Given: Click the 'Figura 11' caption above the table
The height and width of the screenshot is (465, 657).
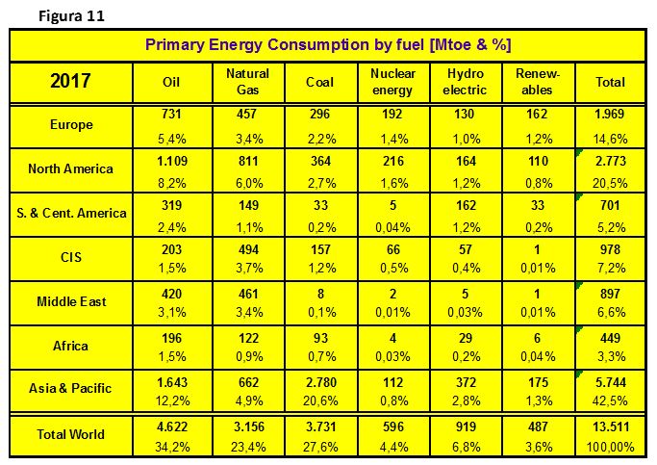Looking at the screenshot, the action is coord(71,16).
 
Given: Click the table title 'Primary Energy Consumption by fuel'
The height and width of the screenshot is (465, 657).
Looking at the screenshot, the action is coord(286,44).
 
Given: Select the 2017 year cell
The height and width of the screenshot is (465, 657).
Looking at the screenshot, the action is coord(70,81).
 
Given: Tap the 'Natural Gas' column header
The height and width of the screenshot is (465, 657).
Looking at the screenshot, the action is coord(247,82).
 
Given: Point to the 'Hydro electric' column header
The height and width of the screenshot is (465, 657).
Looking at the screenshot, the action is coord(466,82).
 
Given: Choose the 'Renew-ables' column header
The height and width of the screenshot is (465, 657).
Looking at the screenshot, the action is coord(538,82).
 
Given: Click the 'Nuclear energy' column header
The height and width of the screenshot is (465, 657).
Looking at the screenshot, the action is coord(393,82).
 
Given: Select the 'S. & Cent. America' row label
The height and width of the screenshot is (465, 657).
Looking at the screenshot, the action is coord(71,213).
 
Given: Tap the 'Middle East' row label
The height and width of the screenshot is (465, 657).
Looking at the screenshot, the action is coord(71,301).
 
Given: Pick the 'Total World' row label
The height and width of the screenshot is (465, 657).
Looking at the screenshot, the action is coord(70,434).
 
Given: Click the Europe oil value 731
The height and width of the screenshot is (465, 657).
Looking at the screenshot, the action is coord(171,114).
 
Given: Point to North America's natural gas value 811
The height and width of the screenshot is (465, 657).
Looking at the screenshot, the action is coord(248,161).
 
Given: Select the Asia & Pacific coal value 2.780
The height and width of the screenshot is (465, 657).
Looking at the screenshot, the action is coord(320,382).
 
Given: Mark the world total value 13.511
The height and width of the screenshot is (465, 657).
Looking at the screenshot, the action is coord(611,426).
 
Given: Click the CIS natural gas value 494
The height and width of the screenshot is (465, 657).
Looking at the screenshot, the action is coord(248,249).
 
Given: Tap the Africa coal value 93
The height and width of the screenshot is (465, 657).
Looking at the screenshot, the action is coord(320,338).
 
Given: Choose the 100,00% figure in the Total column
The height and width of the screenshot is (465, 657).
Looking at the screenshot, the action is coord(611,447).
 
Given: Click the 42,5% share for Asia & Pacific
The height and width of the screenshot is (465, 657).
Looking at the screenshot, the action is coord(610,400).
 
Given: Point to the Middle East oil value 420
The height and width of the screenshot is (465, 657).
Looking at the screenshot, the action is coord(172,294).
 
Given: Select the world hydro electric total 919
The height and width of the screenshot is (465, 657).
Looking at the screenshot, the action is coord(466,426).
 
